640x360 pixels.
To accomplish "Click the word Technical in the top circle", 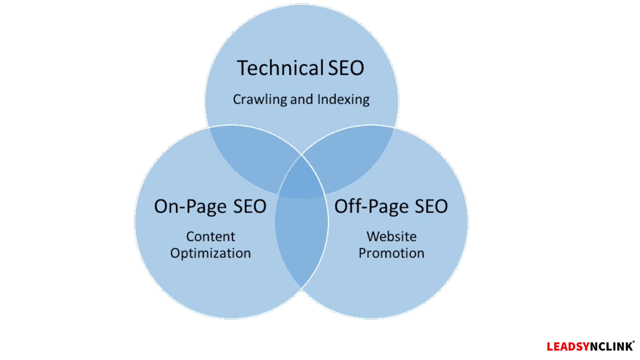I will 279,68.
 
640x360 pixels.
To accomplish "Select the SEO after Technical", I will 346,68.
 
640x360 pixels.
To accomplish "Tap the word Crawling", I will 260,100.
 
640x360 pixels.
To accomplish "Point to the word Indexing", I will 343,100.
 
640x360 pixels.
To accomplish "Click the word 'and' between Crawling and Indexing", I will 301,100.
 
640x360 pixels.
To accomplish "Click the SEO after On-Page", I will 250,207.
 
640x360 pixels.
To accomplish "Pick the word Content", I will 210,237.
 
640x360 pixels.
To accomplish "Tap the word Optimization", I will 210,253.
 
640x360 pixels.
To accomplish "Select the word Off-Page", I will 371,207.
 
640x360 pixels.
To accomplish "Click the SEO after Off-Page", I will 431,207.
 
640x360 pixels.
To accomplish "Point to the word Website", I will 391,237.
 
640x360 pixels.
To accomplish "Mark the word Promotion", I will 391,253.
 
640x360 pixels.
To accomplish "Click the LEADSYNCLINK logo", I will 590,347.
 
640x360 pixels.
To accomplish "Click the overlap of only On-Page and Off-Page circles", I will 301,240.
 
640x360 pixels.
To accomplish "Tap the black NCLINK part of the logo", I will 611,347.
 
